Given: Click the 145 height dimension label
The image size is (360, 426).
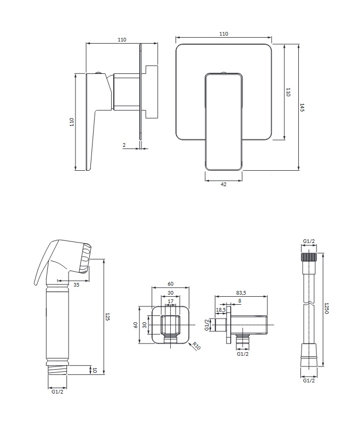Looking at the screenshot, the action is point(302,107).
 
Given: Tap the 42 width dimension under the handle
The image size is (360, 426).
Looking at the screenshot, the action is point(223,184).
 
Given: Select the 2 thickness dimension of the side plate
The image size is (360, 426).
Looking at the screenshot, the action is point(124,145).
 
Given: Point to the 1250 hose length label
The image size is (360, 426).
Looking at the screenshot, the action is point(326,308).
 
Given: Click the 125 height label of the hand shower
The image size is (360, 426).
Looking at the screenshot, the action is point(107,316).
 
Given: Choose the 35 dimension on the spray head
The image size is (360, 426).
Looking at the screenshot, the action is point(77,285).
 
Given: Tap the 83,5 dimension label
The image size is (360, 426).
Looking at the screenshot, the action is point(241,293).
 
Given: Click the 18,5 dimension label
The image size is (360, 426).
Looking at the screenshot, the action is point(221,310).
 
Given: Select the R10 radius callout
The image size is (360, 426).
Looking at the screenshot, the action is point(196,346).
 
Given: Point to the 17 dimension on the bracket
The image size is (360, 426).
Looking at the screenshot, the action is point(170,302).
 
